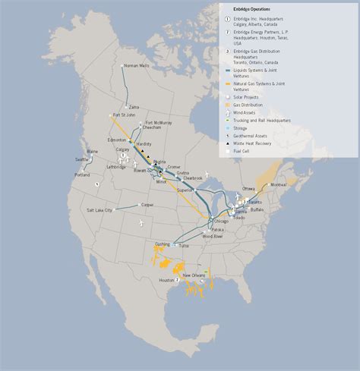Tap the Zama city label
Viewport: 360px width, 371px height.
[x=134, y=107]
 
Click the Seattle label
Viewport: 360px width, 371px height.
[x=83, y=159]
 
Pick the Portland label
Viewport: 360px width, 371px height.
[x=83, y=175]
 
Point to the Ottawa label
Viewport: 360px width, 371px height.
[x=249, y=187]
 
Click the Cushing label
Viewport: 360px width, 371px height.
[x=163, y=244]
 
